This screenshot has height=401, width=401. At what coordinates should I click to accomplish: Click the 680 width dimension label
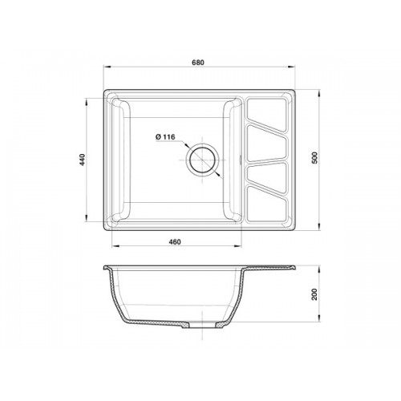click(198, 63)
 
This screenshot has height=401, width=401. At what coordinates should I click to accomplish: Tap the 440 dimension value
click(82, 160)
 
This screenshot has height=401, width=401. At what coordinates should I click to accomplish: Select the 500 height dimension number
click(315, 158)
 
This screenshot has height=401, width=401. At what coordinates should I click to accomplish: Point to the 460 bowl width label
click(175, 242)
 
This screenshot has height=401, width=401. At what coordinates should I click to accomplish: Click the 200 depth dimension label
click(315, 294)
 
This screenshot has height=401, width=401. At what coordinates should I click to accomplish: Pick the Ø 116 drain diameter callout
click(165, 137)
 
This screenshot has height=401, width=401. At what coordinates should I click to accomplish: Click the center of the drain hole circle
click(202, 160)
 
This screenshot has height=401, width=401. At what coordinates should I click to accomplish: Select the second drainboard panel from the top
click(267, 144)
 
